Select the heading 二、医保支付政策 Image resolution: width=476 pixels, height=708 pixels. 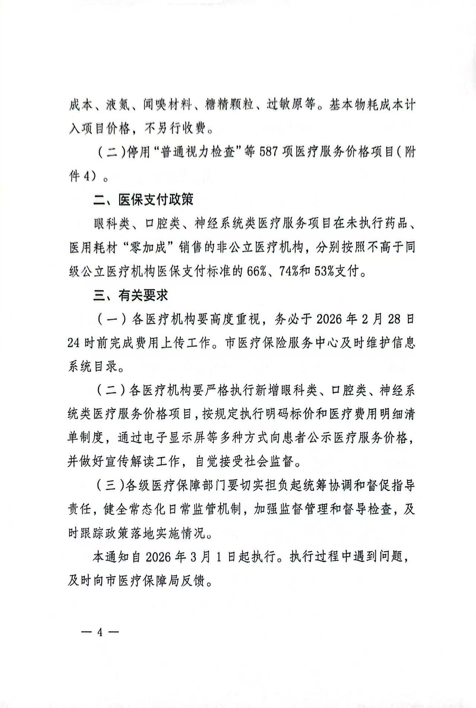(x=143, y=200)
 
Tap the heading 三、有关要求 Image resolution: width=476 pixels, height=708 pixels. (x=131, y=295)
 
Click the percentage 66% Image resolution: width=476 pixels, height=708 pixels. (x=256, y=271)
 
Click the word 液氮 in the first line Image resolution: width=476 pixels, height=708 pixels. (x=118, y=105)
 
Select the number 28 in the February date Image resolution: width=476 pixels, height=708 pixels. (x=395, y=319)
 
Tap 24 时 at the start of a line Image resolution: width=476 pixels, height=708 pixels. (x=80, y=343)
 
